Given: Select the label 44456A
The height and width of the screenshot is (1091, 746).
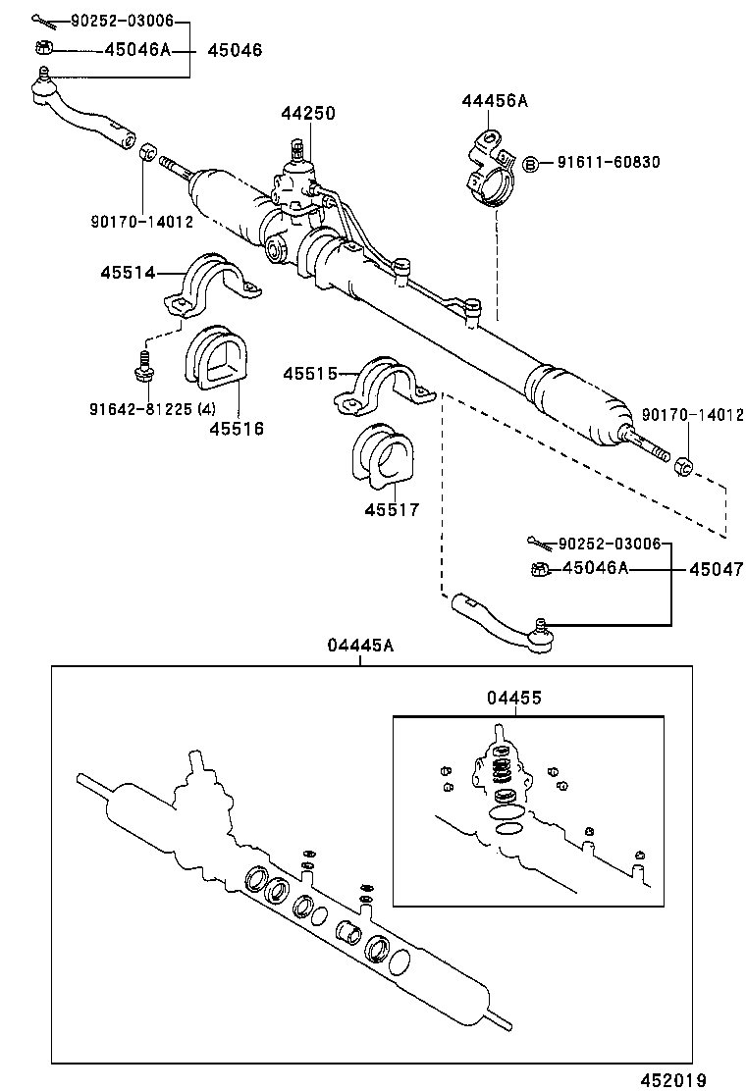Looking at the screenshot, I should point(495,101).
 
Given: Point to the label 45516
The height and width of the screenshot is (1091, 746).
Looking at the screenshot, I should point(236,428).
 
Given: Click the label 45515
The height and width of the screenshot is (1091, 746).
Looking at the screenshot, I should point(311,374).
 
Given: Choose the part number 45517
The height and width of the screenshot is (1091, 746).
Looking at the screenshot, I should point(392,509).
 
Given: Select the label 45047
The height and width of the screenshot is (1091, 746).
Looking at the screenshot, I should point(716,568).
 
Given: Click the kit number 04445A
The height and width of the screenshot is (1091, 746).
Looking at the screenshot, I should point(360,645).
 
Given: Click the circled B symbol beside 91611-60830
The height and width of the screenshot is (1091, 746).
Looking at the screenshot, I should point(529,163).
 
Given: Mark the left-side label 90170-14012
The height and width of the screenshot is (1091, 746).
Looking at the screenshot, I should point(144,223).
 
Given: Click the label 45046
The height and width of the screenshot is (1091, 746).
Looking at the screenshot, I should point(235,49).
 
